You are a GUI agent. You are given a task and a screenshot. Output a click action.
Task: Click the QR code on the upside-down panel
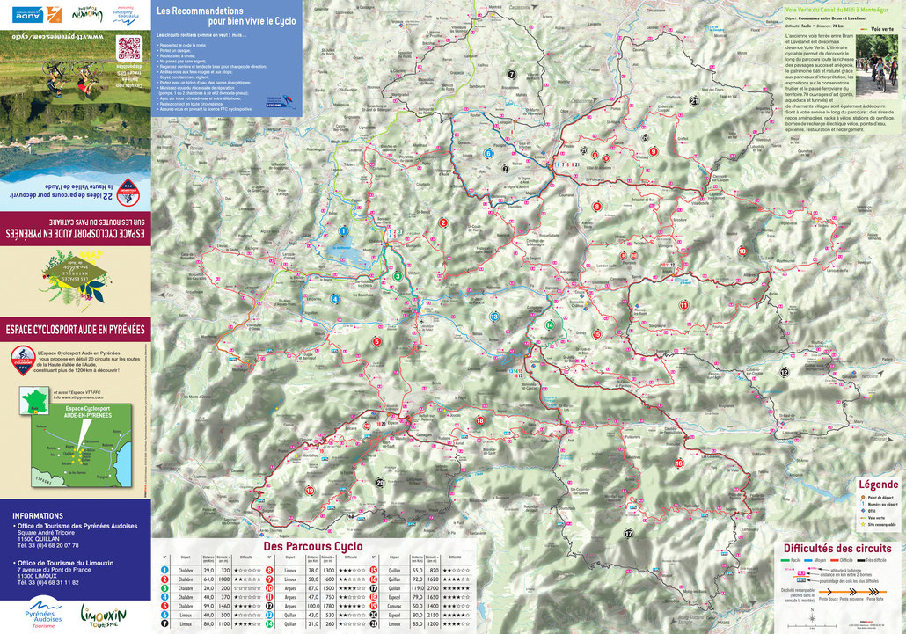click(x=129, y=47)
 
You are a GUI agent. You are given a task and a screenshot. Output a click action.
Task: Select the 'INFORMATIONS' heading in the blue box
click(x=38, y=516)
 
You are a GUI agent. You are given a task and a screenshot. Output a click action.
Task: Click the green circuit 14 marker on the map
click(x=550, y=324)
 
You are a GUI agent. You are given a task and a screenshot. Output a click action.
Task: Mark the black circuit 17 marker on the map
click(x=628, y=534)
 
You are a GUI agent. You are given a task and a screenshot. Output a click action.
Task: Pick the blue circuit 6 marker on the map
click(x=488, y=153)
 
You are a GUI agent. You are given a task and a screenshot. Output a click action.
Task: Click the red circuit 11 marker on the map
click(x=683, y=305)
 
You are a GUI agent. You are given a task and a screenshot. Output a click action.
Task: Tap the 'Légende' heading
click(x=878, y=485)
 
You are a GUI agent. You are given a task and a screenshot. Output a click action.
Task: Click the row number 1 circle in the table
click(x=164, y=570)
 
